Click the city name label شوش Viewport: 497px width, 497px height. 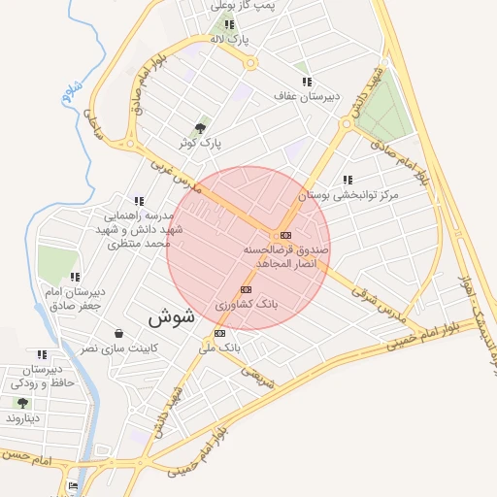(x=172, y=316)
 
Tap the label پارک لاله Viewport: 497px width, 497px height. (x=231, y=40)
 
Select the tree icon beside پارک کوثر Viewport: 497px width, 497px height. (x=201, y=128)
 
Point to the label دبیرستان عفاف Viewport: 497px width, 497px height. (x=307, y=97)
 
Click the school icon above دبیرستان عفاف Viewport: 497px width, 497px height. (x=307, y=82)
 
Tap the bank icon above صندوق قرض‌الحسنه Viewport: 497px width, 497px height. (x=285, y=235)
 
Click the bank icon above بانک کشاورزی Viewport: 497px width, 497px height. (x=245, y=289)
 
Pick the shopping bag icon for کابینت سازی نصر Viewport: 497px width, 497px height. (x=118, y=333)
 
